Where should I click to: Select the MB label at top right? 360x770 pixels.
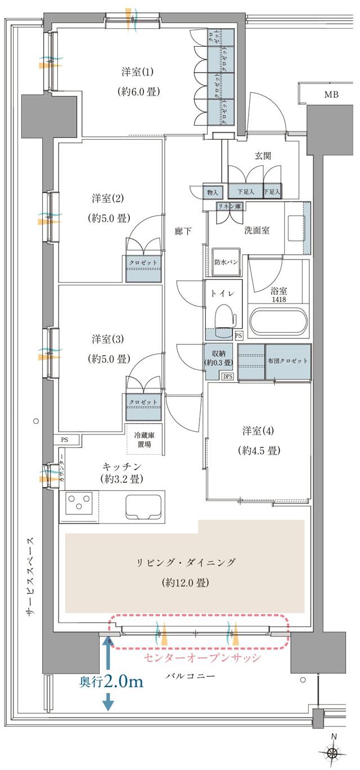(x=331, y=95)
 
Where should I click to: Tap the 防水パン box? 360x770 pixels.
(x=226, y=262)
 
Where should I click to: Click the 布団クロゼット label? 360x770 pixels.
(x=288, y=361)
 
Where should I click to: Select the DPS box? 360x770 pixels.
(x=228, y=377)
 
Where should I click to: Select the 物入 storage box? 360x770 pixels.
(x=213, y=192)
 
